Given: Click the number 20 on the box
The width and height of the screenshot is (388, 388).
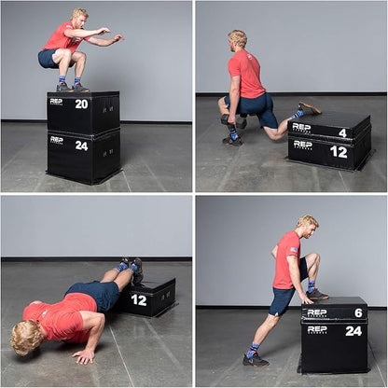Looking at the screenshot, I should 81,104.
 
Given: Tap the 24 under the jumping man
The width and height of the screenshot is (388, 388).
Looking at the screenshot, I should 81,145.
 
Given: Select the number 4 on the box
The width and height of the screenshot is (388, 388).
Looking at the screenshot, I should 342,132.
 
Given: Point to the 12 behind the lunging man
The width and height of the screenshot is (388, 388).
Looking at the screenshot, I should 339,151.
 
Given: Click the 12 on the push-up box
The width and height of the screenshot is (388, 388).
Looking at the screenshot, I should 139,299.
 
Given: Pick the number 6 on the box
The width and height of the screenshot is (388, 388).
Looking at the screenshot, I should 357,313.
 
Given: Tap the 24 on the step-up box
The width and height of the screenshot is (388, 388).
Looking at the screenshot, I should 353,330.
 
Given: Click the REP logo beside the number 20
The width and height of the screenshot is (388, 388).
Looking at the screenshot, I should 56,102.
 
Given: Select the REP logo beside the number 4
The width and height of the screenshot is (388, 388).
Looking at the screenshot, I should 301,127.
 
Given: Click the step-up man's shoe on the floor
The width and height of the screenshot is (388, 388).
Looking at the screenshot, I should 255,359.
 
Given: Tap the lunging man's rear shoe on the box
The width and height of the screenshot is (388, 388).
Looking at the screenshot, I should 309,108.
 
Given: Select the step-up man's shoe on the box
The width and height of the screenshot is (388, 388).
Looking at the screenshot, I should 317,294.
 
